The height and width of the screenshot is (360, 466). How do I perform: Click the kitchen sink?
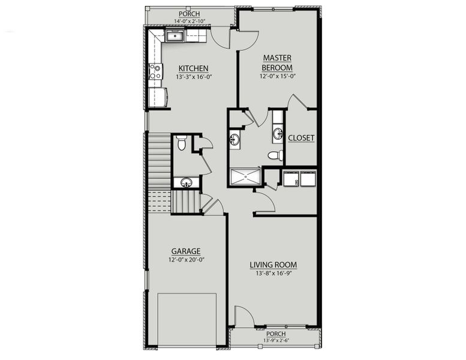pos(175,37)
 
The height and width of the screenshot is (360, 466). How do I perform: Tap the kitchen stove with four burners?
pos(155,71)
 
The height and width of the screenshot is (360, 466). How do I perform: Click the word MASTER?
pos(276,58)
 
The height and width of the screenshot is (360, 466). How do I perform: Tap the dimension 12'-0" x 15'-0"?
pos(276,76)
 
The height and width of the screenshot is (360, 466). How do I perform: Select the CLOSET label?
pos(301,138)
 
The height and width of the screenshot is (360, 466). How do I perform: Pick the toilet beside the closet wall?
pos(275,155)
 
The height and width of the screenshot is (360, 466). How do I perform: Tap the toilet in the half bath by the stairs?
pos(181,143)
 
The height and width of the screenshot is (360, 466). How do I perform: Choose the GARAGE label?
pos(185,251)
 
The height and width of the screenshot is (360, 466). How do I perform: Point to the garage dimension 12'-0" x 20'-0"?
pos(185,260)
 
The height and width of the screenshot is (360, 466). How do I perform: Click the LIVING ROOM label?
pos(273,265)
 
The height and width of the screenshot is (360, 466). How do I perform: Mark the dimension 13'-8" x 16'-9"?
pos(273,274)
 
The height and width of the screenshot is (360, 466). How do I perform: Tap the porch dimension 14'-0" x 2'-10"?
pos(190,22)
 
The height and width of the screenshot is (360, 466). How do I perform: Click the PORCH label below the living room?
pos(276,334)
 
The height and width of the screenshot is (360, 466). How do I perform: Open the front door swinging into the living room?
pos(243,318)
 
